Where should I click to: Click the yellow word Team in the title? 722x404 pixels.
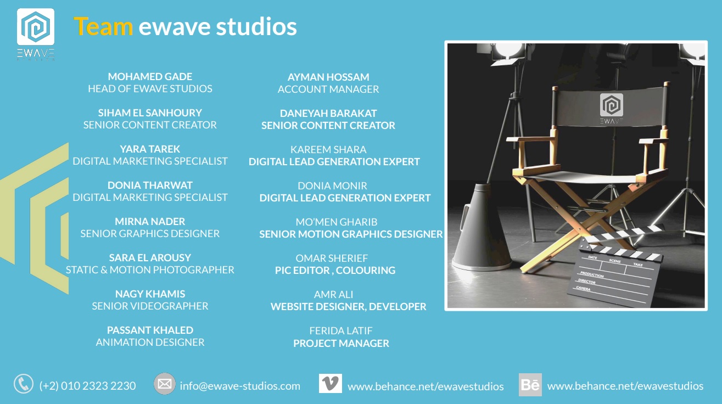(x=103, y=26)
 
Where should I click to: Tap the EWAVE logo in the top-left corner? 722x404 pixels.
(x=36, y=34)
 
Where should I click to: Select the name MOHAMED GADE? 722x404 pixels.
(x=150, y=77)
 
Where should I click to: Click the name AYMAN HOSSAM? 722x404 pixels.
(x=328, y=77)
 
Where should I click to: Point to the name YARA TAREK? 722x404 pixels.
(x=150, y=149)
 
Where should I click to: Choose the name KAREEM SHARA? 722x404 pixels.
(x=328, y=149)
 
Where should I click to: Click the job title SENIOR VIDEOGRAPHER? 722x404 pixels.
(x=150, y=306)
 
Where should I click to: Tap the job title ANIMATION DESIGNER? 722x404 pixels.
(x=150, y=342)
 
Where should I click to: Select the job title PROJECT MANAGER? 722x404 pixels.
(x=341, y=344)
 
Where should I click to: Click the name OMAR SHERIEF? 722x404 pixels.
(x=332, y=258)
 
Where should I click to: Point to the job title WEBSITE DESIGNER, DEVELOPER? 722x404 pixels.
(x=349, y=307)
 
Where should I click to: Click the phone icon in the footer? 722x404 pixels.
(x=24, y=384)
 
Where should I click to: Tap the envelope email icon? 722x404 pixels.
(x=165, y=384)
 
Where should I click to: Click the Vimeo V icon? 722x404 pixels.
(x=331, y=383)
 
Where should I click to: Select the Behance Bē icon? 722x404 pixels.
(x=530, y=385)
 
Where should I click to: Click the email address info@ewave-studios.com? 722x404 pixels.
(x=240, y=386)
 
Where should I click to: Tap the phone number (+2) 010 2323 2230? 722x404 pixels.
(x=88, y=386)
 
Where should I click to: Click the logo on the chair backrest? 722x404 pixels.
(x=611, y=109)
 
